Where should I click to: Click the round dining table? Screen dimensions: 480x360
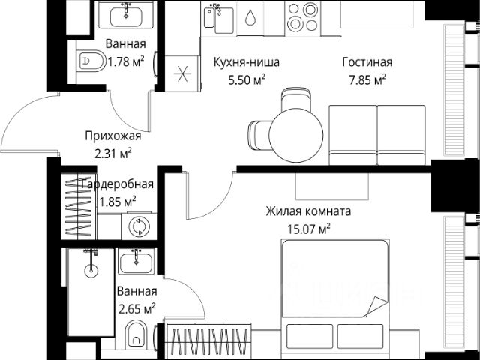[x=296, y=135]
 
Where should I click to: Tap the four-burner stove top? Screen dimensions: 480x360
[x=303, y=19]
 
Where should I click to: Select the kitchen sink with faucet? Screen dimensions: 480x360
[x=218, y=19]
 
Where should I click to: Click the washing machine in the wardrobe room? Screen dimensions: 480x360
[x=139, y=226]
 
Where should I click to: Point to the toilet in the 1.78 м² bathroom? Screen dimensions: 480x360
[x=91, y=61]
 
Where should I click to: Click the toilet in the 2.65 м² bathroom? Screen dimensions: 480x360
[x=136, y=334]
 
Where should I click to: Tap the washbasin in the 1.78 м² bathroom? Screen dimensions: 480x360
[x=126, y=15]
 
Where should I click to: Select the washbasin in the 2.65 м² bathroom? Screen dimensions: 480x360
[x=136, y=261]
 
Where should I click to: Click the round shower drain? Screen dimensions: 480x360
[x=91, y=269]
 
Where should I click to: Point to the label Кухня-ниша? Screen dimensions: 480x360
[x=247, y=62]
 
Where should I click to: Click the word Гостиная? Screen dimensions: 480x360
[x=367, y=62]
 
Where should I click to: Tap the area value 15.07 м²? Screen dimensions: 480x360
[x=309, y=229]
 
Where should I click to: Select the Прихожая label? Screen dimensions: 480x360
[x=113, y=136]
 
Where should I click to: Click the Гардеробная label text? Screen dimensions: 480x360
[x=117, y=184]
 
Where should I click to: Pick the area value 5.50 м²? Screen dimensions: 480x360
[x=247, y=80]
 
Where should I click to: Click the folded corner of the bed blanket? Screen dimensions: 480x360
[x=377, y=306]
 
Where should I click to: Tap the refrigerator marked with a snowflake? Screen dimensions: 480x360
[x=182, y=73]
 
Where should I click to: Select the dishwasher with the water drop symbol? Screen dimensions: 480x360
[x=250, y=18]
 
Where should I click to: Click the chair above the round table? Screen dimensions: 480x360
[x=296, y=100]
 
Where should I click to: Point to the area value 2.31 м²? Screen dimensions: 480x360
[x=113, y=154]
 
